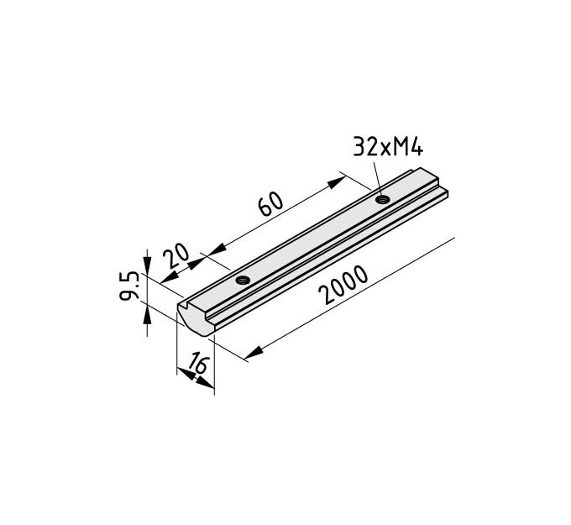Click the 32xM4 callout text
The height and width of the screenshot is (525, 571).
[x=388, y=147]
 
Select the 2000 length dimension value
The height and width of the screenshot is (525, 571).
[x=343, y=285]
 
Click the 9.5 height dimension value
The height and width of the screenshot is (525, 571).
[x=129, y=286]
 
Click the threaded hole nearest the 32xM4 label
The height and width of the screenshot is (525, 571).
[x=383, y=199]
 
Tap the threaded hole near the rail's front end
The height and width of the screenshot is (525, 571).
[x=243, y=280]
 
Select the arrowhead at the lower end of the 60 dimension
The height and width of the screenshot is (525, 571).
[x=217, y=250]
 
